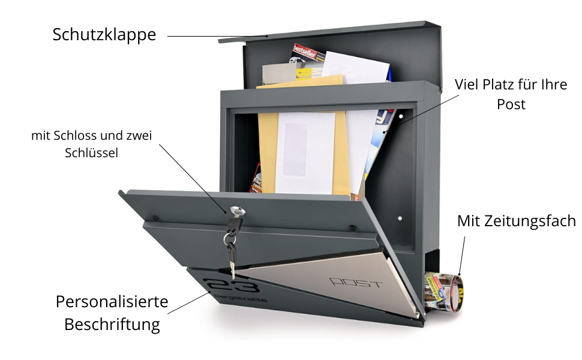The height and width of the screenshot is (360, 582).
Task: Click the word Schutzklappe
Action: click(x=104, y=34)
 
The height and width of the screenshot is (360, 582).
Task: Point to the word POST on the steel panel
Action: click(x=356, y=282)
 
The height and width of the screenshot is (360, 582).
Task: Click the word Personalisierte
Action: click(x=112, y=301)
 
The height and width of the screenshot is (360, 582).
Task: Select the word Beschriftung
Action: click(x=112, y=325)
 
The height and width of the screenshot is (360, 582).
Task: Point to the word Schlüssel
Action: click(x=91, y=153)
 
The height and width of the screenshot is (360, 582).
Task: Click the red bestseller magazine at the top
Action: click(x=305, y=55)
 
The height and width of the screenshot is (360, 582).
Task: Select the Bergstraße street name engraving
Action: click(x=239, y=299)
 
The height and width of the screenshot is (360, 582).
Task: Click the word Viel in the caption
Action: click(x=466, y=84)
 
